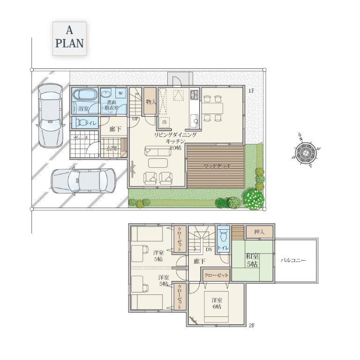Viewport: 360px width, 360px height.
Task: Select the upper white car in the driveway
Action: [x=50, y=115]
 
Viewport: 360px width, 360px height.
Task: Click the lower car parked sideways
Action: [x=83, y=180]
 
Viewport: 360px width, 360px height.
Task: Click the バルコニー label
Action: [x=293, y=260]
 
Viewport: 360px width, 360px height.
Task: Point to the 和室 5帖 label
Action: [x=252, y=261]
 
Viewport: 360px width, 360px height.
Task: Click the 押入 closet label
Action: [x=259, y=232]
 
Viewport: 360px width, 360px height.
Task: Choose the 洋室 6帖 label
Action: [x=216, y=303]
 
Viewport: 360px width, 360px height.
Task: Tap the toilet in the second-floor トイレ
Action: [x=223, y=233]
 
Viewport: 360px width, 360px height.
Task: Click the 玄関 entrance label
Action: [x=111, y=149]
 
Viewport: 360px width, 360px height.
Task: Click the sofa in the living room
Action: [x=157, y=151]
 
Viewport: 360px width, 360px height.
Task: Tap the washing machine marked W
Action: [x=120, y=92]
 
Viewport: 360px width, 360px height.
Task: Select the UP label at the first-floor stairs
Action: [x=135, y=119]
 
